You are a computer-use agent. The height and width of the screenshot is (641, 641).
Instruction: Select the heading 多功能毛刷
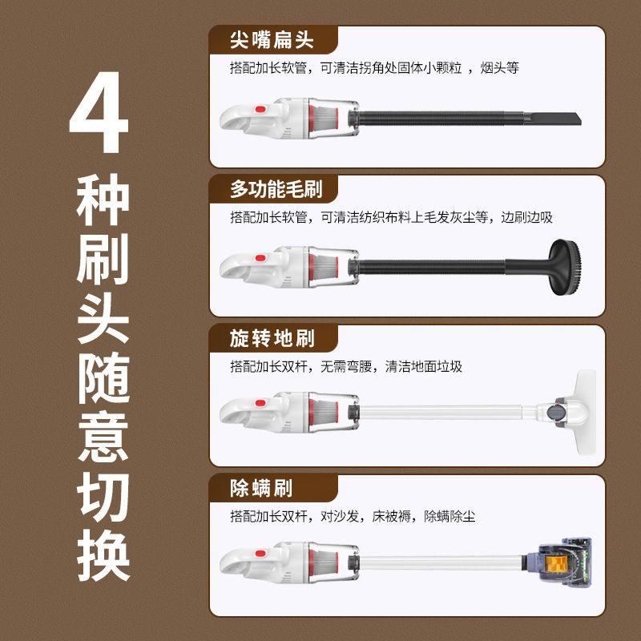pos(276,189)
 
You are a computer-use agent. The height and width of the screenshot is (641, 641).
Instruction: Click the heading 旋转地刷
pos(272,339)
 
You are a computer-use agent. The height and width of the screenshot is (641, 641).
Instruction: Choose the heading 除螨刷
pos(261,488)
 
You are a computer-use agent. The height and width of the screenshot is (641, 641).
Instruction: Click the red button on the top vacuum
pos(260,109)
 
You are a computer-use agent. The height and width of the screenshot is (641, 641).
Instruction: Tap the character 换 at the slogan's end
pos(102,553)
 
